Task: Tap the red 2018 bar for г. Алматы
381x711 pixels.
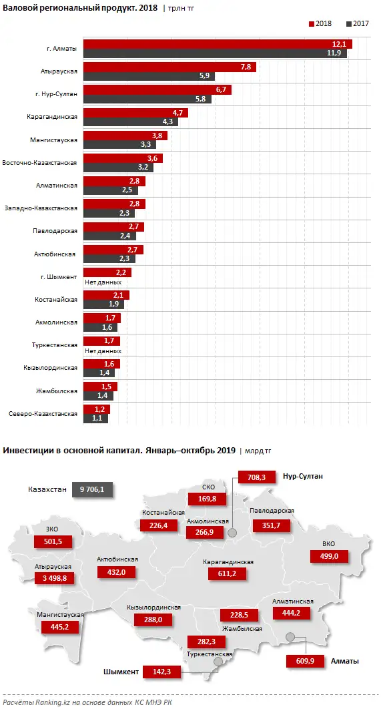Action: point(217,44)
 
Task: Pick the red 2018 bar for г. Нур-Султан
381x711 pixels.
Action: point(157,89)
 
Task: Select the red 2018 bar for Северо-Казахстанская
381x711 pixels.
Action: point(96,409)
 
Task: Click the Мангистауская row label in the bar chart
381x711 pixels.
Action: point(54,140)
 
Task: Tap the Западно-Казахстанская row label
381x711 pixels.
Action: point(41,208)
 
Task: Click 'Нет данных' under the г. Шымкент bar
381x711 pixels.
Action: point(103,282)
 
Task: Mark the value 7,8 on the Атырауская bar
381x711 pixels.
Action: point(245,67)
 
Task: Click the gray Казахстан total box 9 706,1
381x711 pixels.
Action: point(93,489)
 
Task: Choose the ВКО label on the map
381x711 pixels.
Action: point(330,544)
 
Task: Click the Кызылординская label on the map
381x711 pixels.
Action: point(154,608)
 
